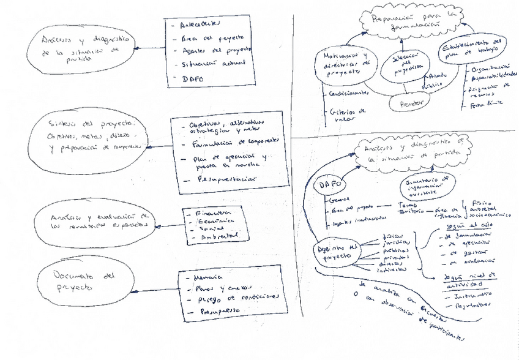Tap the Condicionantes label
pos(349,93)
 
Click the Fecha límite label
pos(484,105)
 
